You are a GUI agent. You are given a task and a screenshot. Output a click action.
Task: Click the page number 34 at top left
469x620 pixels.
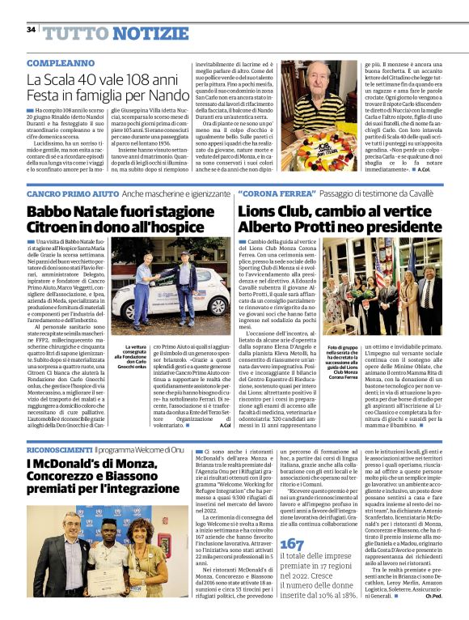click(31, 30)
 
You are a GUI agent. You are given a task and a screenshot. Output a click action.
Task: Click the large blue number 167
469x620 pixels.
click(291, 544)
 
